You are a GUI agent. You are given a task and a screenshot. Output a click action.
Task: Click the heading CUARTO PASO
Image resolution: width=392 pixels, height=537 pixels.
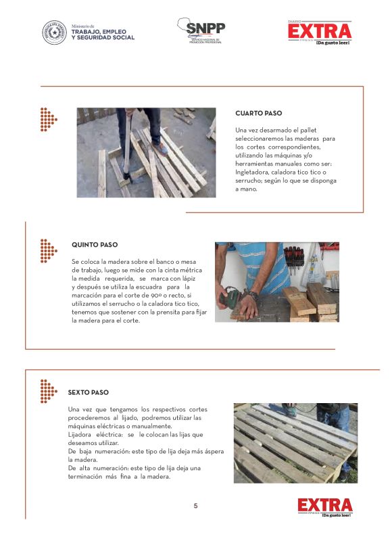pos(259,113)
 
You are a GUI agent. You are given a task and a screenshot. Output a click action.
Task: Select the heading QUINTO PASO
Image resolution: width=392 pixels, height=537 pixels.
pos(94,245)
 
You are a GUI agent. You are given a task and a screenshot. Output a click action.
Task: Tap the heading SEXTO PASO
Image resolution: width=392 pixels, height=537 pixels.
pos(88,392)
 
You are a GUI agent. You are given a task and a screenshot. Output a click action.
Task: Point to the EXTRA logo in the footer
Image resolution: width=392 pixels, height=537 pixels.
pos(324,507)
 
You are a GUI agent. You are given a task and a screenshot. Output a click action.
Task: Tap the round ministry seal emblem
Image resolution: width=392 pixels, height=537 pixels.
pos(55,32)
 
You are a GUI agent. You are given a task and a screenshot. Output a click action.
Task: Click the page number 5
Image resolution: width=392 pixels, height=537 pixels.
pos(196,506)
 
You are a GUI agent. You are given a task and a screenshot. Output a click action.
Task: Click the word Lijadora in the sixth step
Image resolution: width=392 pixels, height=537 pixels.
pos(82,434)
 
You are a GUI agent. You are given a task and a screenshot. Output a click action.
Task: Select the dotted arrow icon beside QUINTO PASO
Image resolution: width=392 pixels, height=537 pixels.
pos(47,250)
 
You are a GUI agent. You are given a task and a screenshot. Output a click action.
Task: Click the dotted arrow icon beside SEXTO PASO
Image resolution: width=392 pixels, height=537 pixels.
pos(47,390)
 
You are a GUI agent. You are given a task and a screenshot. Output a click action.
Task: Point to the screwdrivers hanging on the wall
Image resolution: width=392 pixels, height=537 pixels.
pos(293,256)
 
